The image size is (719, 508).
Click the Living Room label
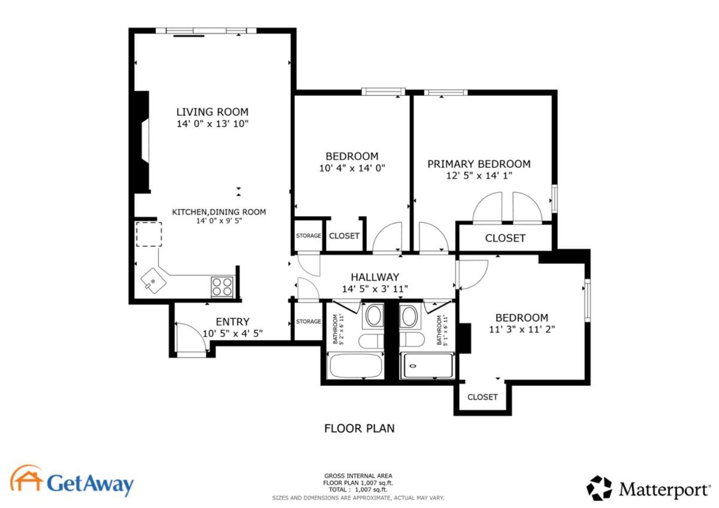pos(213,112)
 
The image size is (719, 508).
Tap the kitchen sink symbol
pos(153,281)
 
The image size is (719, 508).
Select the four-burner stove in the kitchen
pos(222,286)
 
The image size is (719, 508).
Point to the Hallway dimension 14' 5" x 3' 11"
pos(374,289)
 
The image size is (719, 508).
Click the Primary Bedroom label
pos(479,164)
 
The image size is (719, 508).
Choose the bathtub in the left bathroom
pos(356,365)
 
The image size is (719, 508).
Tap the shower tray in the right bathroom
pos(428,365)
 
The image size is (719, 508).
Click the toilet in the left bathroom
pos(371,341)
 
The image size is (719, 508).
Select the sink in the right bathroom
pos(410,316)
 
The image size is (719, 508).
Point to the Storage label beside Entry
pos(309,321)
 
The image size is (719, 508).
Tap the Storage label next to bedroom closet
pos(309,235)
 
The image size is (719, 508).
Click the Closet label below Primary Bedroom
pos(505,238)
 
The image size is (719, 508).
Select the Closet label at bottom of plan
pos(482,397)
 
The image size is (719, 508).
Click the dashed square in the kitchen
pos(149,234)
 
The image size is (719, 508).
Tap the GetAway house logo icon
pos(26,478)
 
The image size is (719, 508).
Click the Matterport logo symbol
pos(599,488)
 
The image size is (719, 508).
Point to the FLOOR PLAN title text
pos(359,428)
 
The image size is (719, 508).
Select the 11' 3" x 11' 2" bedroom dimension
pos(522,329)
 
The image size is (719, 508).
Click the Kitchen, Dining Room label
pos(219,212)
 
